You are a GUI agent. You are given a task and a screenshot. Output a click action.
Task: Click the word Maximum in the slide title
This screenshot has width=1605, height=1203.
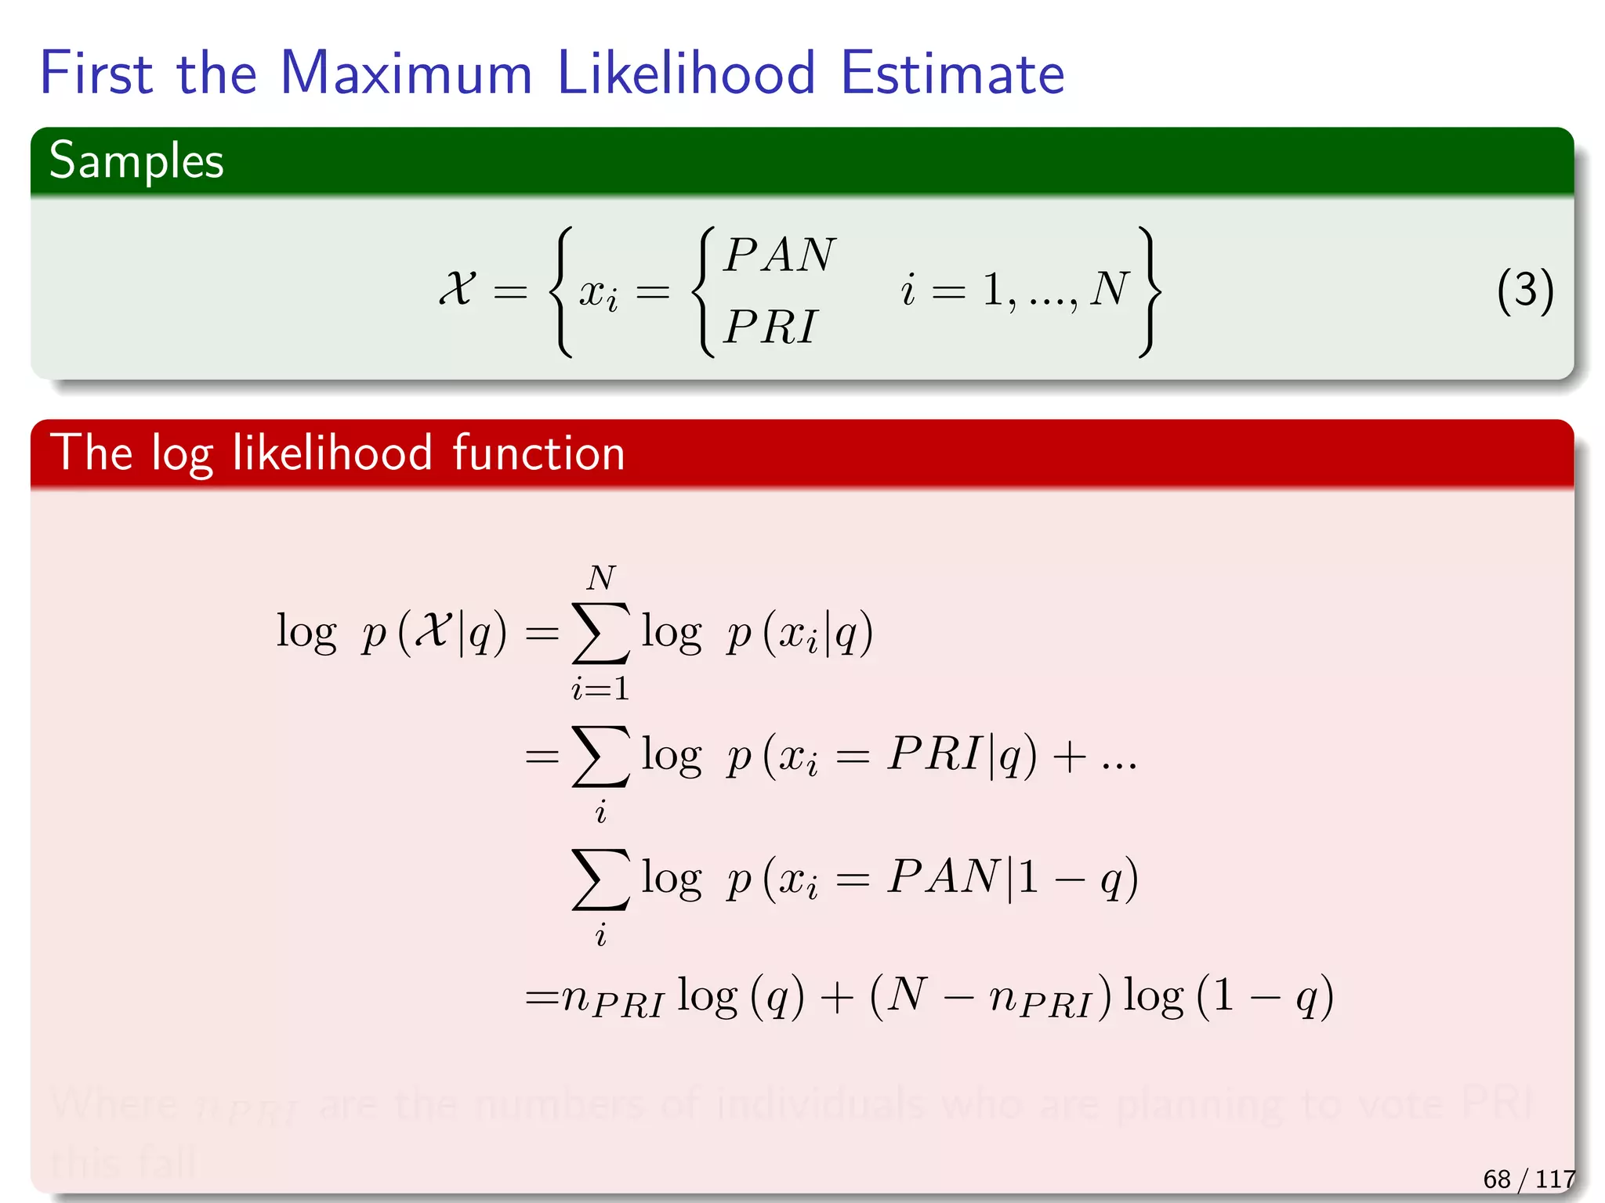click(406, 74)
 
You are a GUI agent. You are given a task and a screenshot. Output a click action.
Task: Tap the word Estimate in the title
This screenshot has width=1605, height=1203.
click(951, 74)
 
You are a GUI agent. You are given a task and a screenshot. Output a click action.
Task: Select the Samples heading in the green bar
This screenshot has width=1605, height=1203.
click(136, 161)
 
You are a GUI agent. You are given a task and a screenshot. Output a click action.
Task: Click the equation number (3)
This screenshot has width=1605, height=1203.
click(1524, 291)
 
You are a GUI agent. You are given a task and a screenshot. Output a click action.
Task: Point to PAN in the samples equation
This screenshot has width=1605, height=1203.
click(780, 255)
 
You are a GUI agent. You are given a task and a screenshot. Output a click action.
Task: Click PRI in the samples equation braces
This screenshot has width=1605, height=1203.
click(770, 327)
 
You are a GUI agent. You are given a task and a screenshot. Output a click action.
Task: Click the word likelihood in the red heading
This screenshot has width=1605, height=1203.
click(332, 453)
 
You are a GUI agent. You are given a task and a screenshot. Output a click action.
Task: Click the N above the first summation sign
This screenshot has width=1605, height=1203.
click(601, 579)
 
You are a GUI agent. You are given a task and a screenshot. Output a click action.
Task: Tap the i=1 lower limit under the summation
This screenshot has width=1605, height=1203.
click(600, 688)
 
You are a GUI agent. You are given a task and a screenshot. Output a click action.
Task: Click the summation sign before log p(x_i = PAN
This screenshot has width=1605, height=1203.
click(600, 879)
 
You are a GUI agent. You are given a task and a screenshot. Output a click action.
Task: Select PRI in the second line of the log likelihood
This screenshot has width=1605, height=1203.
click(934, 754)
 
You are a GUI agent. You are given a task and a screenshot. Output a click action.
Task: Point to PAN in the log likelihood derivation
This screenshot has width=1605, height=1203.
click(944, 876)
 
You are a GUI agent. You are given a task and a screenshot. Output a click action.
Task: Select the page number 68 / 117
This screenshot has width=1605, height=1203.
click(1528, 1179)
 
